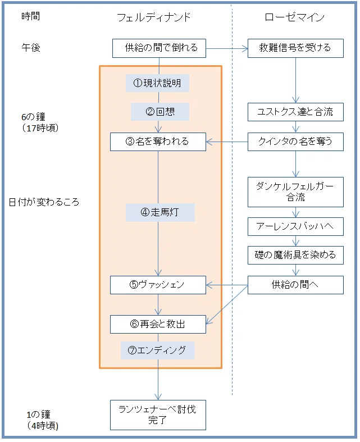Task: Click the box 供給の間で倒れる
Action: (159, 48)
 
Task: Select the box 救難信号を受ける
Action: (295, 48)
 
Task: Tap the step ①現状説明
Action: (157, 83)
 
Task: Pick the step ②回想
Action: (160, 112)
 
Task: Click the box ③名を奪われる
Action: (158, 142)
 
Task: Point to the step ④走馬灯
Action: (160, 212)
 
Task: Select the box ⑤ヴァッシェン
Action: (158, 285)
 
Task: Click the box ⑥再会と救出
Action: (158, 325)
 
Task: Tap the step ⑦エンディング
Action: (158, 350)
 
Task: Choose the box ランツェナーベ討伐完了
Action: (158, 415)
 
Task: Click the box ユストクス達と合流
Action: (295, 112)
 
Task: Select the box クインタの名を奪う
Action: (295, 142)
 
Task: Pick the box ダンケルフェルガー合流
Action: (295, 192)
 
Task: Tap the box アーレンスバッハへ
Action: (295, 227)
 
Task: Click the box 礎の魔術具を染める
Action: (295, 256)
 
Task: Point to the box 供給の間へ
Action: (295, 285)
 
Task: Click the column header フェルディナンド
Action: (154, 17)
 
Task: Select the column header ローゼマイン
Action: (295, 17)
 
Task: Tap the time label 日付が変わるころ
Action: (44, 202)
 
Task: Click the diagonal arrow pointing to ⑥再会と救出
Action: (227, 305)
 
